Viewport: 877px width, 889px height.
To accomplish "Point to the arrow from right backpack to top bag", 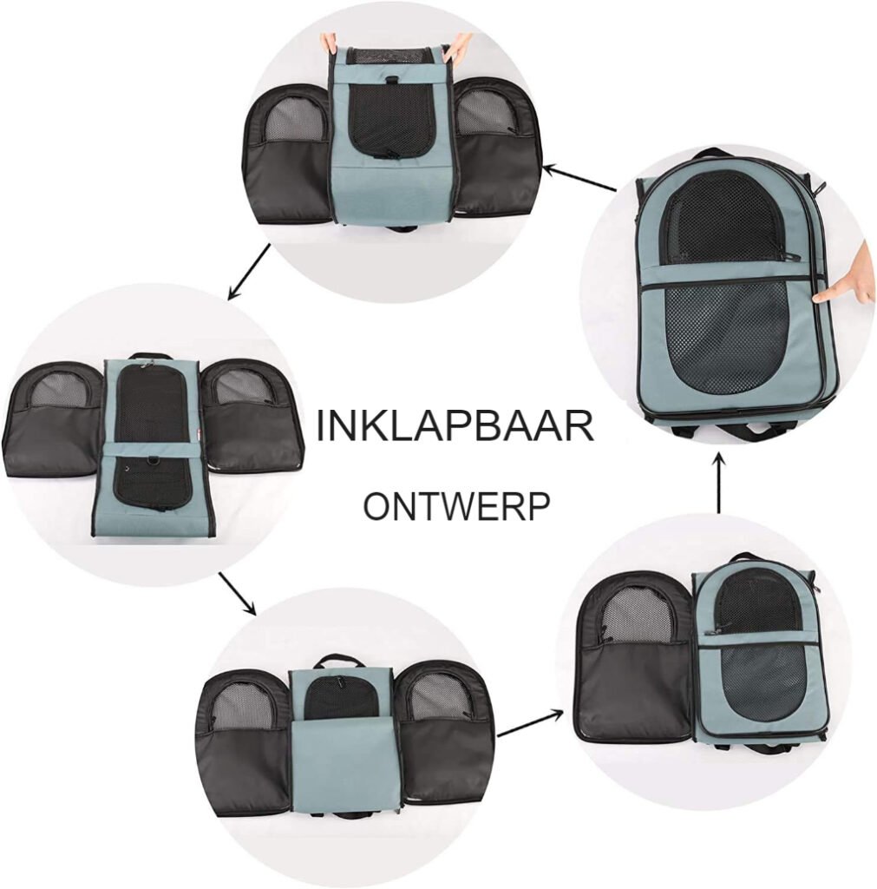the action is coord(579,177).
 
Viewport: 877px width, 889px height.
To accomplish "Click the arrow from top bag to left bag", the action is coord(249,271).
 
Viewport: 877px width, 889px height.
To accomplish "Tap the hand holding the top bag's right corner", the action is coord(461,45).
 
